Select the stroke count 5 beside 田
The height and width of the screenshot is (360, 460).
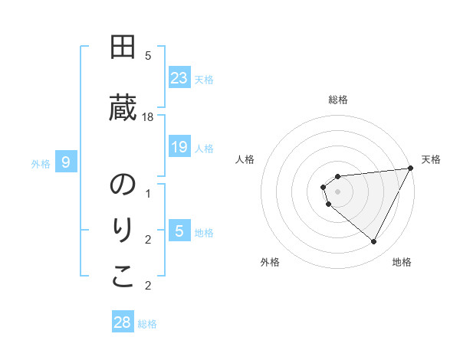(x=148, y=56)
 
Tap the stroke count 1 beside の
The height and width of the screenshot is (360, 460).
(x=148, y=194)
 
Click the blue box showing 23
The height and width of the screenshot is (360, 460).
(x=179, y=78)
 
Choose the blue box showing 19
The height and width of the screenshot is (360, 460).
(x=179, y=147)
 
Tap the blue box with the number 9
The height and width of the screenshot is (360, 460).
(x=66, y=162)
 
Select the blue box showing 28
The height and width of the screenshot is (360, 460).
(x=123, y=322)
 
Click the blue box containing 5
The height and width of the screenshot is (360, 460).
(x=179, y=231)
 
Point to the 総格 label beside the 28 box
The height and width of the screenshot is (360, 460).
(x=147, y=324)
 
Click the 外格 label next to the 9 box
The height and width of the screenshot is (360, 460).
(x=41, y=163)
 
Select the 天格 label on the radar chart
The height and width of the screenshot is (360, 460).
(x=431, y=159)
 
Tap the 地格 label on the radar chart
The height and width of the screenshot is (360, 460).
(x=402, y=262)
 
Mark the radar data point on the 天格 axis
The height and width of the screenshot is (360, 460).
(x=410, y=168)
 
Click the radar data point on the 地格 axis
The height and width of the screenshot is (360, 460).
(x=373, y=242)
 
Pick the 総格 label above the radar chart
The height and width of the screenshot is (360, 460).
(x=338, y=100)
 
